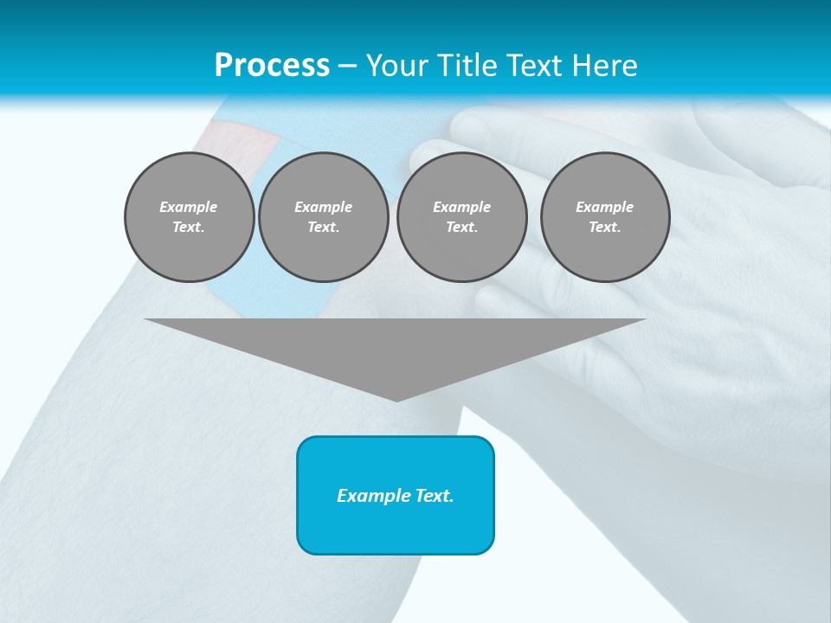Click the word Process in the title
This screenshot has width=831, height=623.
[x=272, y=65]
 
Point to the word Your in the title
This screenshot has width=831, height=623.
[x=397, y=65]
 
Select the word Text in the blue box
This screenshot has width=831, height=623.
[x=435, y=496]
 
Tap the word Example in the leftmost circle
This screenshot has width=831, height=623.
[x=189, y=207]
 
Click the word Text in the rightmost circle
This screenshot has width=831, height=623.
[x=604, y=228]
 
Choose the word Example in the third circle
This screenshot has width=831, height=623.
[x=461, y=207]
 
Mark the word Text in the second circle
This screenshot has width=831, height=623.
[x=323, y=228]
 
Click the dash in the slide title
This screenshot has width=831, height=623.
[x=348, y=66]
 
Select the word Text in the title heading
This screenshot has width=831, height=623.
[x=529, y=65]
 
